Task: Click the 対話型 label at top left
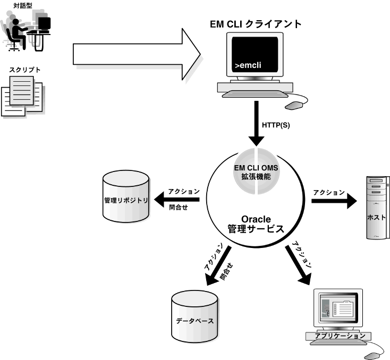(x=22, y=6)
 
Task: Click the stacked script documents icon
(x=22, y=96)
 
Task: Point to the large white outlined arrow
(x=135, y=53)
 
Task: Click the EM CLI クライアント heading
(x=255, y=24)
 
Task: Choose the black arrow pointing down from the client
(x=257, y=125)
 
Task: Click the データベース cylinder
(x=195, y=319)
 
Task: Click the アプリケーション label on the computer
(x=340, y=336)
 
